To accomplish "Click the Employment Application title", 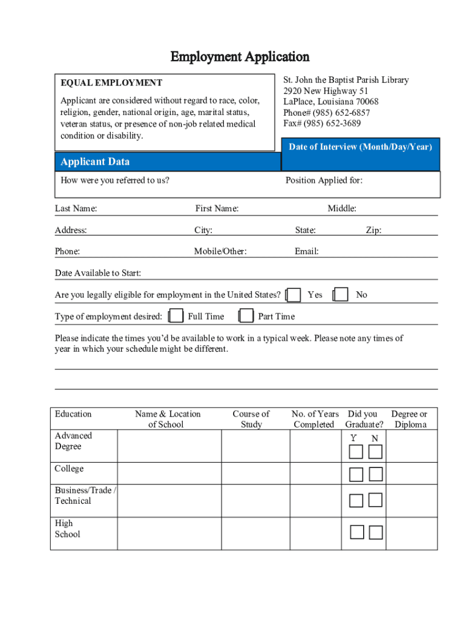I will coord(240,57).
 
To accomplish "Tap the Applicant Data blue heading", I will coord(94,162).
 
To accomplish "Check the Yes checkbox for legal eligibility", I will coord(294,295).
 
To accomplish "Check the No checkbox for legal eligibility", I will coord(341,295).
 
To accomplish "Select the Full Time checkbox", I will coord(176,316).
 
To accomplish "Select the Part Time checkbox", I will coord(246,316).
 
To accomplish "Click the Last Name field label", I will coord(76,209).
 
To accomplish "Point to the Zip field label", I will coord(373,230).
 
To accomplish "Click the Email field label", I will coord(307,251).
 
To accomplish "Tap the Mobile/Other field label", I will coord(220,251).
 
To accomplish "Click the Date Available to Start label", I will coord(98,273).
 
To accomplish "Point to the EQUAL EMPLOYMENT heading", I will coord(111,83).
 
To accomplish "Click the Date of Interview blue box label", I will coord(360,147).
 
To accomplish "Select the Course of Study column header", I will coord(251,419).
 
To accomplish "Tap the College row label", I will coord(69,469).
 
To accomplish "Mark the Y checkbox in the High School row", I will coord(357,532).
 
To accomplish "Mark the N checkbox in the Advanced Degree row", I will coord(376,452).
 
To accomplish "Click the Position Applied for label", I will coord(324,180).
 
